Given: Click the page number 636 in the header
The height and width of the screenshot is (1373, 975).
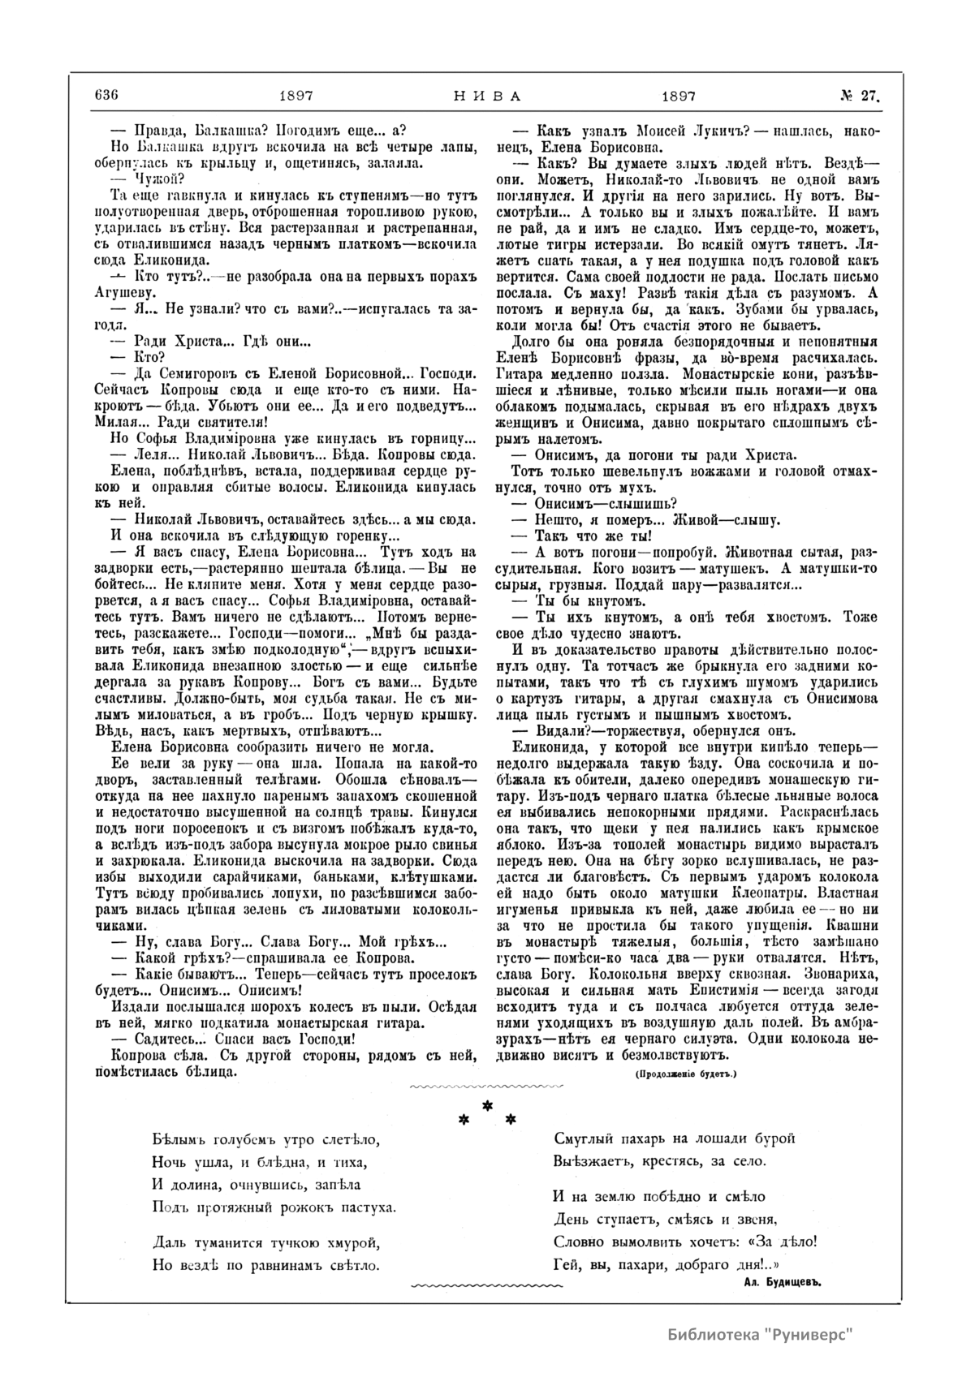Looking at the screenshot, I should point(106,94).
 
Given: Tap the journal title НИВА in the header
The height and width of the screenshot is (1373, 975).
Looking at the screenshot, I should point(485,94).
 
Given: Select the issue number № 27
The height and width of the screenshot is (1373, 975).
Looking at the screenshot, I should point(859,94).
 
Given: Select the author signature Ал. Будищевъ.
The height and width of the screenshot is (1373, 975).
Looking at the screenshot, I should point(776,1281).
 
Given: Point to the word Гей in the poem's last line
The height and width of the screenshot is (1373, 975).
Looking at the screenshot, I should point(564,1263).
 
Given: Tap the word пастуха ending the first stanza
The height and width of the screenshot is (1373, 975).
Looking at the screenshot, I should point(369,1207).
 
